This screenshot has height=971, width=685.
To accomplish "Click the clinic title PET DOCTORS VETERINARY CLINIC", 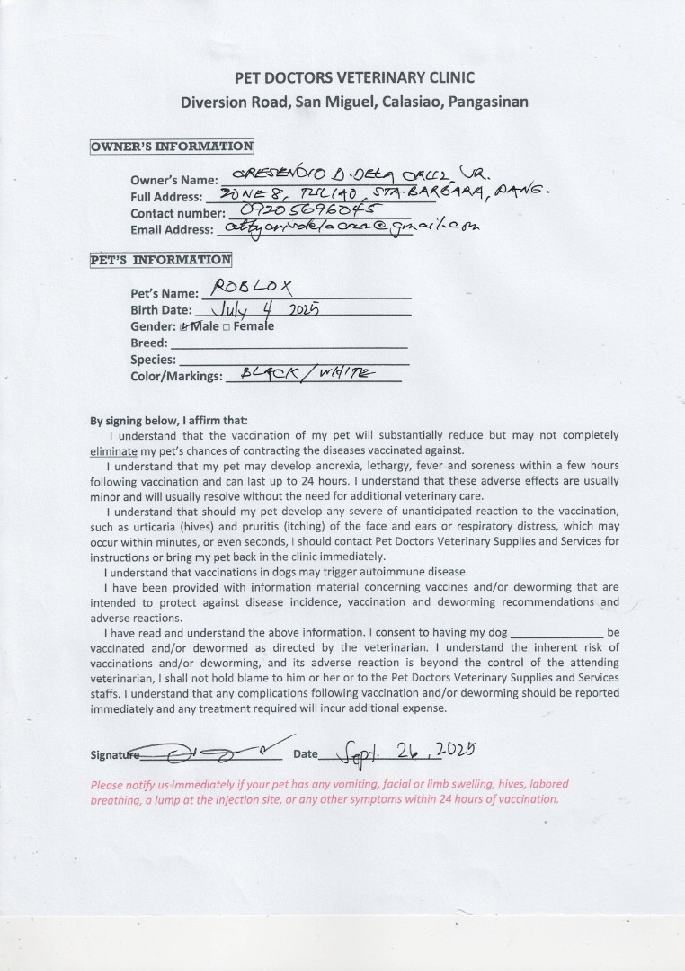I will [x=354, y=78].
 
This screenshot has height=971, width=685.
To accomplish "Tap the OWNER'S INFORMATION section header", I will [x=172, y=146].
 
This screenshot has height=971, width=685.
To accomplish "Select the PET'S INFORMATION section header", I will [x=161, y=260].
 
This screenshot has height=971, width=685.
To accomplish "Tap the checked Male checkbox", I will [x=183, y=327].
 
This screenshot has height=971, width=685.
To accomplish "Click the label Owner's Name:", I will [x=173, y=180].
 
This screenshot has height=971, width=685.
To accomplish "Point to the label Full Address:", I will [x=166, y=197].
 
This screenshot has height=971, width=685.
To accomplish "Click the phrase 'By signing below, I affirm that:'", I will [x=169, y=420].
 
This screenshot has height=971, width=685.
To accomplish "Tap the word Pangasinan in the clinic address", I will [x=485, y=102].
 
